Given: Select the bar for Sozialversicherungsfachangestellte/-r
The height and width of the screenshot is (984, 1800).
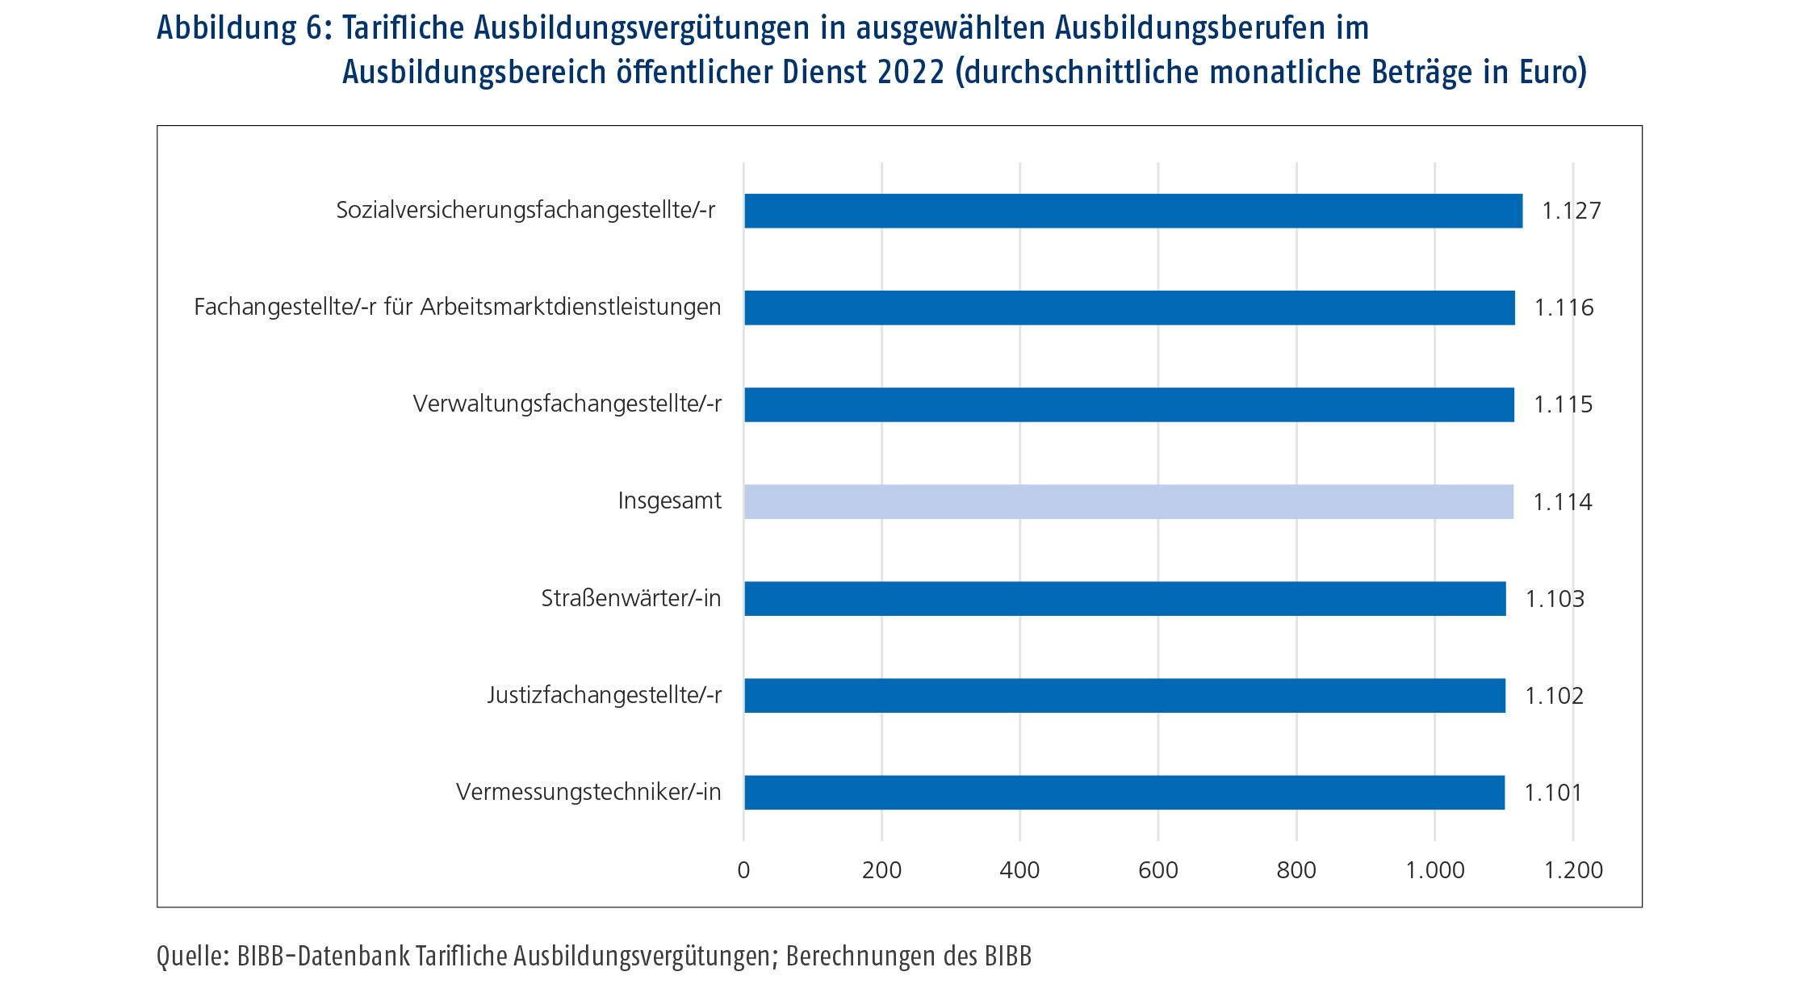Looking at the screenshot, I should point(1132,211).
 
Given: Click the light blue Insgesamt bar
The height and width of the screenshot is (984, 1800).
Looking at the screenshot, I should point(1128,501).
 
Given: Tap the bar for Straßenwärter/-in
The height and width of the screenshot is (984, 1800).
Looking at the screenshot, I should point(1124,598).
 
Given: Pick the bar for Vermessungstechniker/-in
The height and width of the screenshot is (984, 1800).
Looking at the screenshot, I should point(1124,792).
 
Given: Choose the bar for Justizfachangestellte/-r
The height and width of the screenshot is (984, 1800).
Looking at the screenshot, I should point(1124,695).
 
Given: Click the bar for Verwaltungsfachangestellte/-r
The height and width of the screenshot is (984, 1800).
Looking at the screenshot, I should point(1128,404).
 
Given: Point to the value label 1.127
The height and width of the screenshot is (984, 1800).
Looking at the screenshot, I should point(1571,211).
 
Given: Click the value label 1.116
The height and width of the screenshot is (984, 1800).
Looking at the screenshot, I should point(1563,308).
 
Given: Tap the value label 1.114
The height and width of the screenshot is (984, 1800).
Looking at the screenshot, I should point(1562,502).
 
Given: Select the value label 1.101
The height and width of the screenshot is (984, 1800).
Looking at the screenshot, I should point(1553,793).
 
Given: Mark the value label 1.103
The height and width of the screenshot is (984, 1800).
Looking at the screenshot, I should point(1555,599).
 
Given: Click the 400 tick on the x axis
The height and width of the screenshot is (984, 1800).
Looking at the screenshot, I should point(1019,870).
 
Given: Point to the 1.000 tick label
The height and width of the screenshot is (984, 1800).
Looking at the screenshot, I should point(1434,870).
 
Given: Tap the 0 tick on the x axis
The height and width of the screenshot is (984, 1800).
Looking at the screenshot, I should point(743,870).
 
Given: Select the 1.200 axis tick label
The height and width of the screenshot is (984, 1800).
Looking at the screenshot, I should point(1573,870).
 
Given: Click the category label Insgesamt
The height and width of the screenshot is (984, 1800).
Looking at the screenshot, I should point(669,501).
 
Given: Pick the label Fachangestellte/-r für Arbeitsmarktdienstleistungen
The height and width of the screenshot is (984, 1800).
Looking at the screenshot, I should point(457,308).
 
